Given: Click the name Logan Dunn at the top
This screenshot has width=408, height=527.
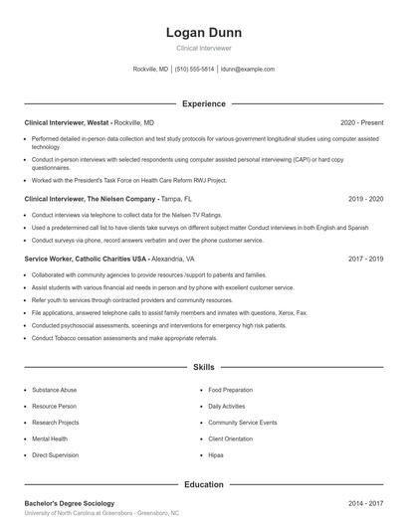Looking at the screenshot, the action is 203,33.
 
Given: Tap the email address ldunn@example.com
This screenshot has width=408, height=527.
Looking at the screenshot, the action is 247,70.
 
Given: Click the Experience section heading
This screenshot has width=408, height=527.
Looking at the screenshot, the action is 203,103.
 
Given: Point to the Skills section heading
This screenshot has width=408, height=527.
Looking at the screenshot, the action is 203,367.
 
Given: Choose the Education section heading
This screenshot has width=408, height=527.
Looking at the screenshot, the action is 203,484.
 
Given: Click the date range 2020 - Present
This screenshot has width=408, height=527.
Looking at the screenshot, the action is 361,122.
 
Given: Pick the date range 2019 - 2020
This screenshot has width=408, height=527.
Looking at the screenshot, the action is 365,199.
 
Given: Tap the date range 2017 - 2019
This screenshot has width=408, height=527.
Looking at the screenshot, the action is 365,259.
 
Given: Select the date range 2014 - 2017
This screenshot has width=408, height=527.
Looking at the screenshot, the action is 365,504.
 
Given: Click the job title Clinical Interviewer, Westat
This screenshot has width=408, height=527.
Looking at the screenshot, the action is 67,122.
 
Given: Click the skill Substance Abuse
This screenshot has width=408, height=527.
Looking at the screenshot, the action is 55,390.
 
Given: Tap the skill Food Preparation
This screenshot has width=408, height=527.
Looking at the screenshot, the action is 231,390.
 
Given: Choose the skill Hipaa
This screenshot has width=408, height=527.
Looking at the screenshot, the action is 216,454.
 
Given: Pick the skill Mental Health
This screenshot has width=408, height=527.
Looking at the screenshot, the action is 50,439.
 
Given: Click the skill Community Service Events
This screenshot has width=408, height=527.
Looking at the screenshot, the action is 243,423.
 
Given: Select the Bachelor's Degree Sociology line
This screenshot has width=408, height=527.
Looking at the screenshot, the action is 70,504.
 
